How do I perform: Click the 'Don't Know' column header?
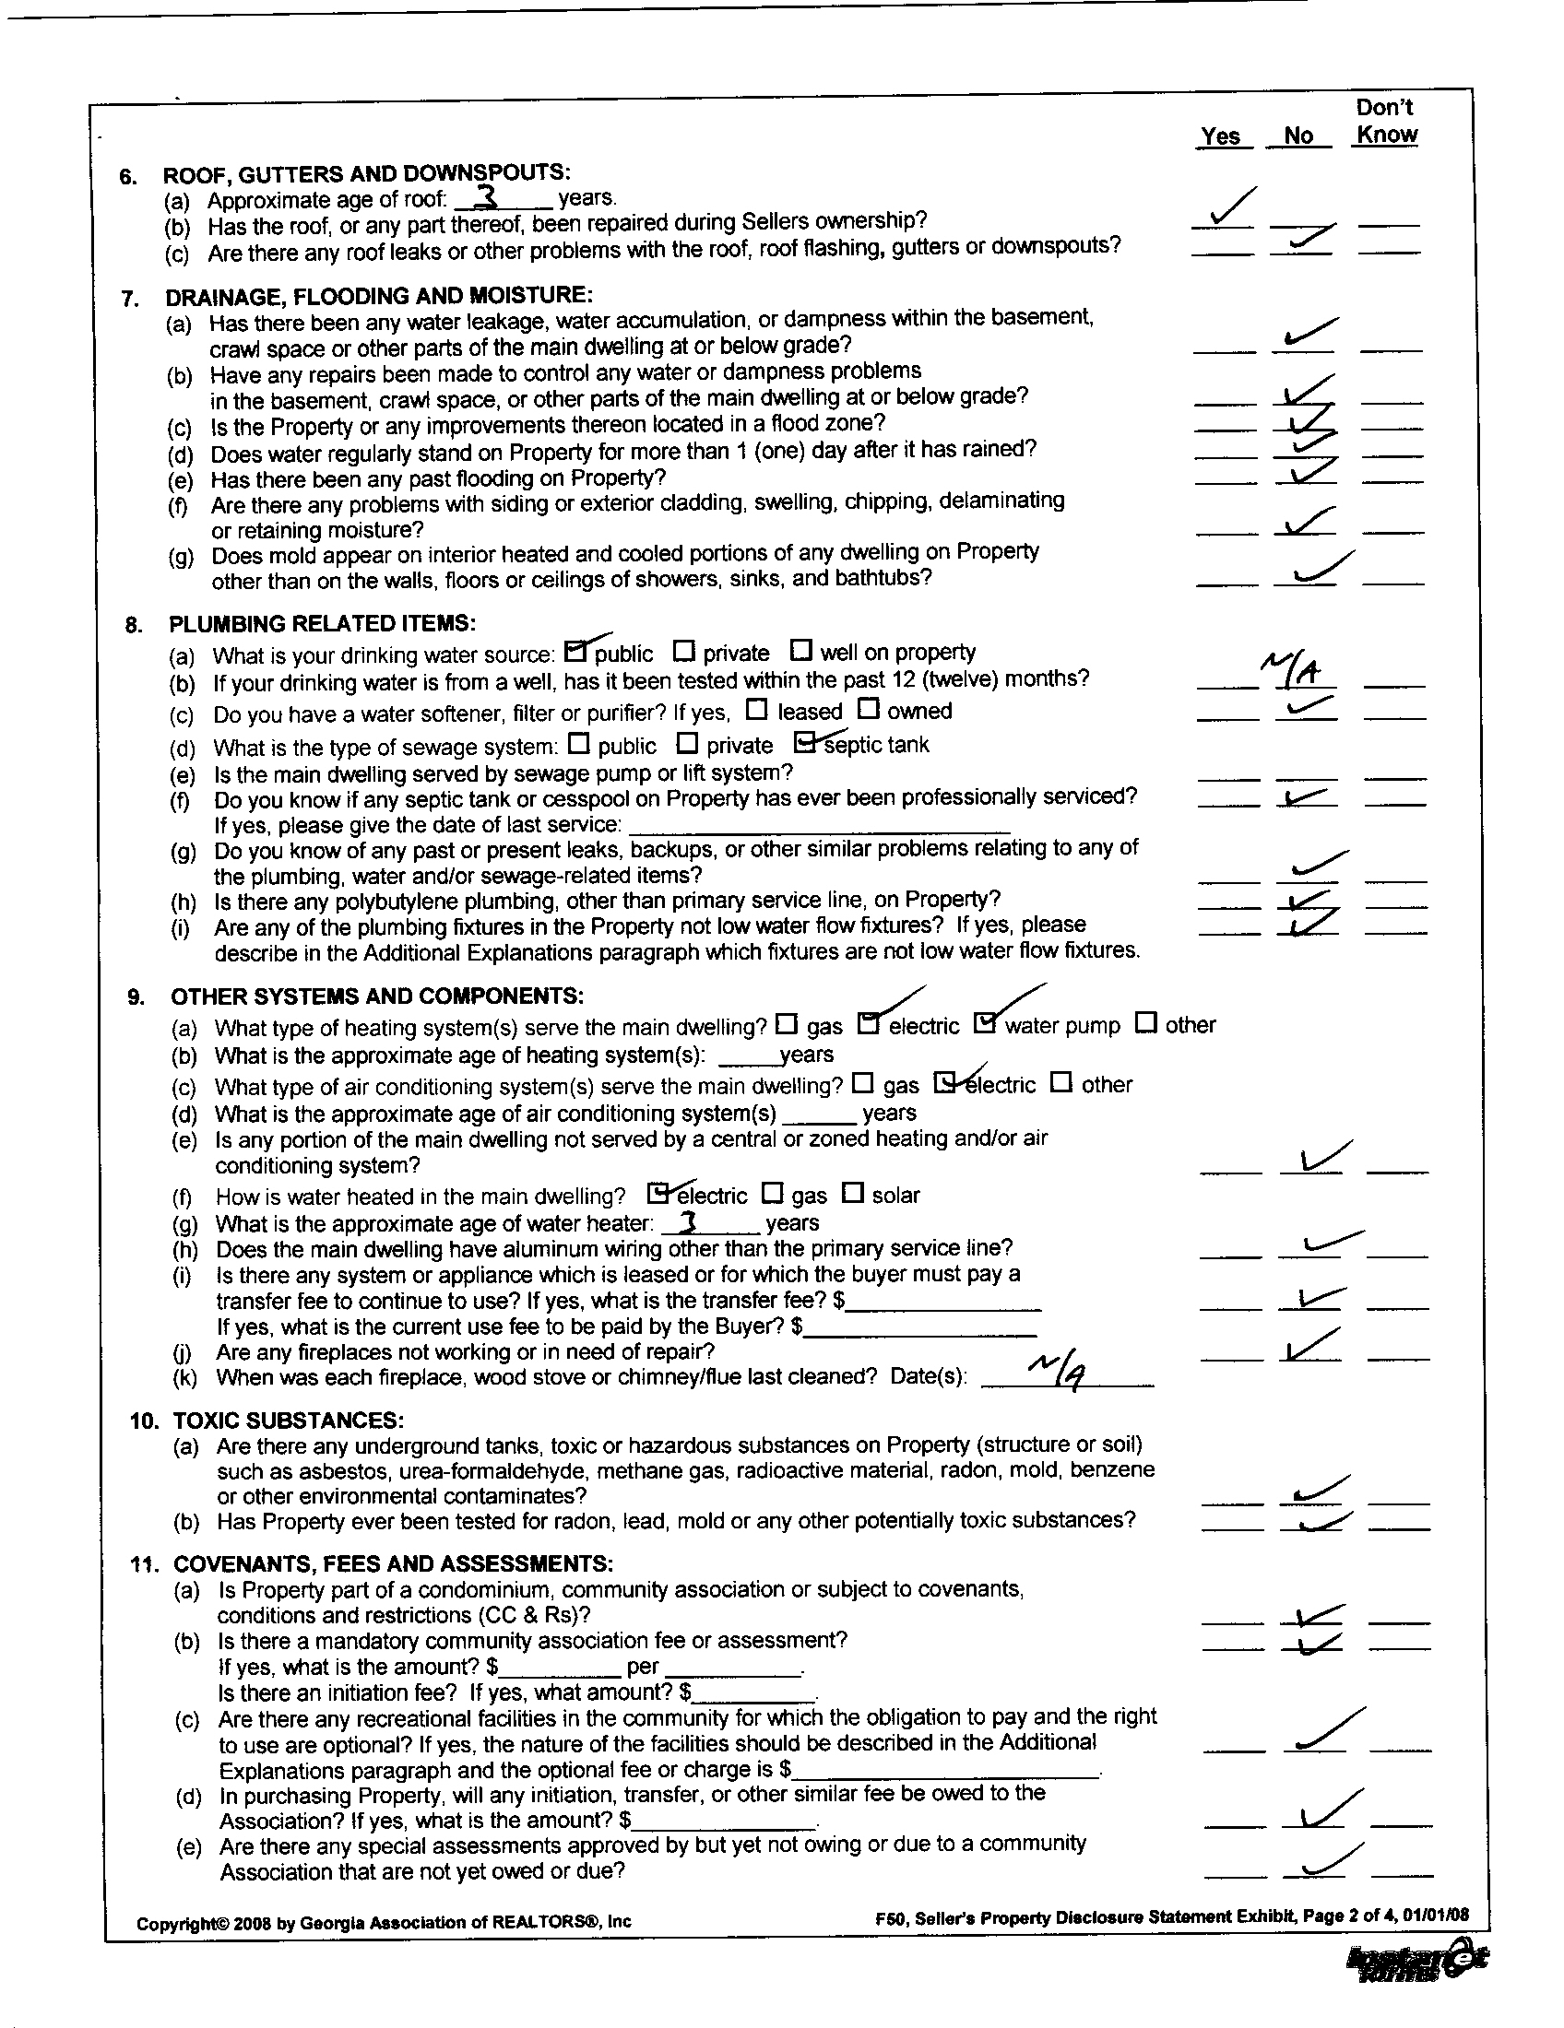click(1386, 121)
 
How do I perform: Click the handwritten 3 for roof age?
click(487, 196)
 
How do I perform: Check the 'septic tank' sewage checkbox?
click(806, 742)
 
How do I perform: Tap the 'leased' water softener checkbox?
click(758, 710)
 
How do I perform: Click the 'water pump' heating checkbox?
click(986, 1023)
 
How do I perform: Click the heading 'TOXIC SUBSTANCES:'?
click(288, 1420)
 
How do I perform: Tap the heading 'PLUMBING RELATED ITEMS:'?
click(322, 623)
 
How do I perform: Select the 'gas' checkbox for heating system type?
click(787, 1024)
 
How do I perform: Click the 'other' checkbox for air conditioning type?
click(1061, 1082)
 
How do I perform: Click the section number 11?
click(143, 1563)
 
